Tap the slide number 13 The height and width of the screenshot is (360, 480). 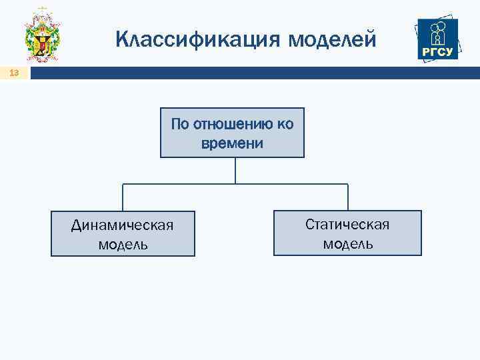14,74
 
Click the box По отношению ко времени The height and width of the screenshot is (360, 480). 232,133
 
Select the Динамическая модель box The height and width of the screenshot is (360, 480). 123,234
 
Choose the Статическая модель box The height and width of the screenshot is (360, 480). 347,233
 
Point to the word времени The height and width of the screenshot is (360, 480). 232,143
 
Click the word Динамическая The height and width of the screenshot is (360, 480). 123,225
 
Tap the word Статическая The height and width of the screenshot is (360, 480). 347,224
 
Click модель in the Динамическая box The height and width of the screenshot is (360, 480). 123,244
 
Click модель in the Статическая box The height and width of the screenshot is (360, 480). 348,243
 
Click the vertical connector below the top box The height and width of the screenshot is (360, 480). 235,171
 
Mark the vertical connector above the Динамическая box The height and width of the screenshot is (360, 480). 123,197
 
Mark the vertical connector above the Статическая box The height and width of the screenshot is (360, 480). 348,197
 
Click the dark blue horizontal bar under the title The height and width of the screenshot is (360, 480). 253,74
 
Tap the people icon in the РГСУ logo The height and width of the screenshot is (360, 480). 439,32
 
